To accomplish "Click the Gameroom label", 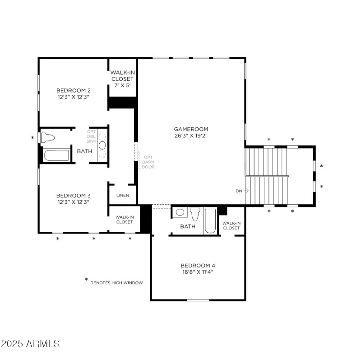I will [191, 129].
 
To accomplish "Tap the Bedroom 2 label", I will [73, 90].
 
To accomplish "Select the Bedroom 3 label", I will [73, 195].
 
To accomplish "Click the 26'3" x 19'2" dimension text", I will [191, 136].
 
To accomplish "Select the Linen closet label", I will [123, 196].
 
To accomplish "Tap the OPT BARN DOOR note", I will [148, 162].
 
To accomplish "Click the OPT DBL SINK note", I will [92, 136].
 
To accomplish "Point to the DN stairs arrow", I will [242, 191].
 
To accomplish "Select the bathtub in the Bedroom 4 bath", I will [210, 220].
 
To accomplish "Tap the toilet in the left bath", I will [48, 137].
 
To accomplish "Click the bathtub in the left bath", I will [57, 155].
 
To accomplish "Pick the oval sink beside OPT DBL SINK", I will [102, 145].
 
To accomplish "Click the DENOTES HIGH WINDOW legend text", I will [116, 283].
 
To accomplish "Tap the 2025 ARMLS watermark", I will [31, 343].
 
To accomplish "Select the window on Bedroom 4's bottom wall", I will [198, 300].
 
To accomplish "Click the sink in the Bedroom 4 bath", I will [179, 212].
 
